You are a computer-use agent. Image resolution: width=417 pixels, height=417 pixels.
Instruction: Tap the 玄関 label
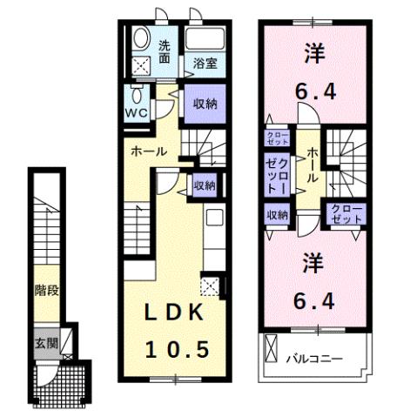(x=46, y=341)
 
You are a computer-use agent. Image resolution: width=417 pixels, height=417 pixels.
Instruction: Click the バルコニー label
(x=313, y=358)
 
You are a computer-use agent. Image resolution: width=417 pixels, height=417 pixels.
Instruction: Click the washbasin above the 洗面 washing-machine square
(x=139, y=39)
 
